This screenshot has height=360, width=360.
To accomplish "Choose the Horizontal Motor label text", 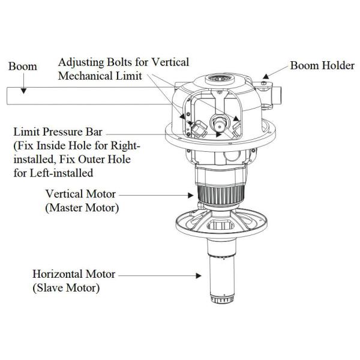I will [74, 274].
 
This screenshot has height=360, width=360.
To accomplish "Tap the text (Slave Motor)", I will [66, 288].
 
